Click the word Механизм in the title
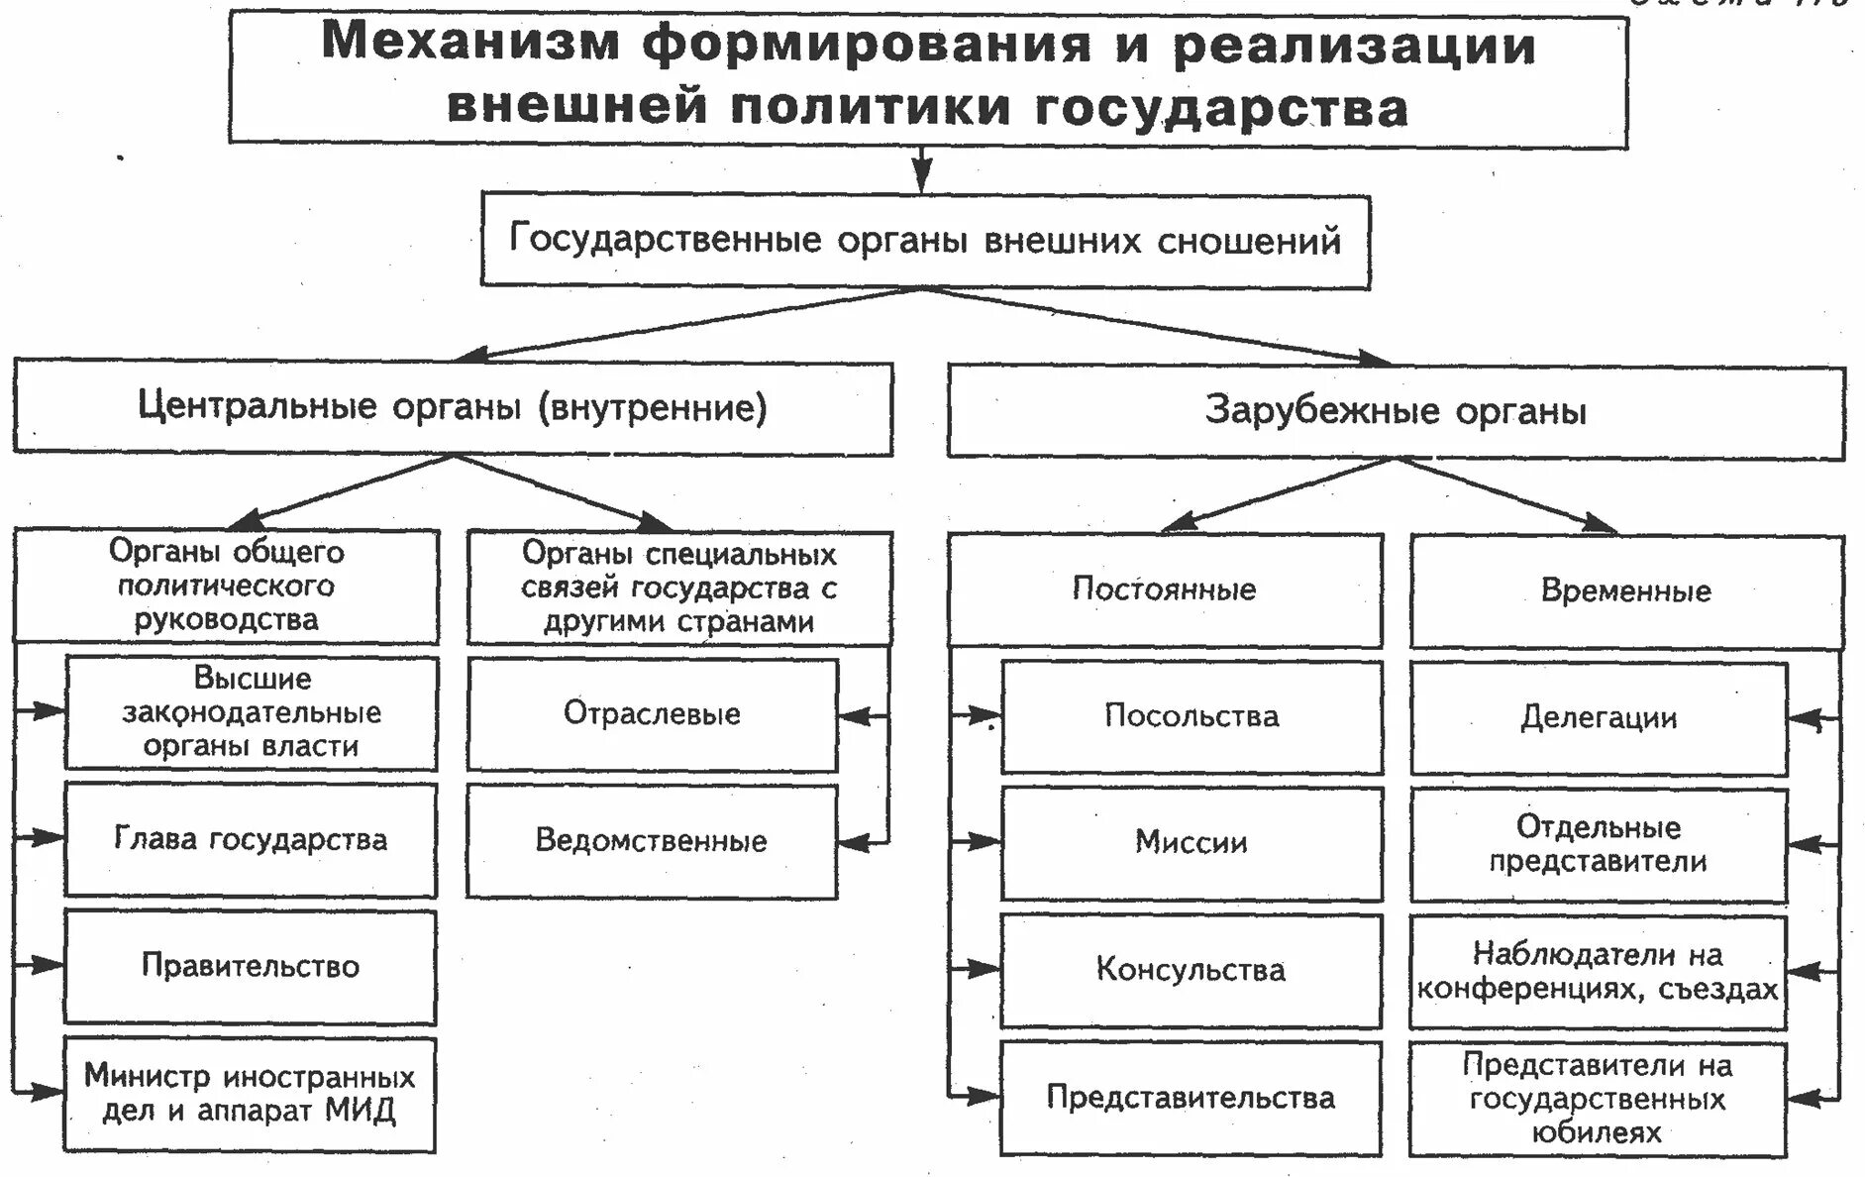pyautogui.click(x=470, y=45)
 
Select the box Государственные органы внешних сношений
pyautogui.click(x=925, y=241)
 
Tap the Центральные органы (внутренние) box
pyautogui.click(x=453, y=408)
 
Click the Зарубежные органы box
pyautogui.click(x=1395, y=411)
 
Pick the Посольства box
pyautogui.click(x=1191, y=716)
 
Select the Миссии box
pyautogui.click(x=1191, y=843)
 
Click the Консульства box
pyautogui.click(x=1191, y=970)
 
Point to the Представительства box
pyautogui.click(x=1191, y=1098)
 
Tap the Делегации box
pyautogui.click(x=1599, y=718)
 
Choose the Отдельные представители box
pyautogui.click(x=1599, y=844)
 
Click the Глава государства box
pyautogui.click(x=251, y=840)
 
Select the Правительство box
pyautogui.click(x=251, y=966)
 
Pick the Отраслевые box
pyautogui.click(x=652, y=714)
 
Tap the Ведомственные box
pyautogui.click(x=652, y=841)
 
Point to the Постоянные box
pyautogui.click(x=1164, y=590)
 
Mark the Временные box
pyautogui.click(x=1625, y=591)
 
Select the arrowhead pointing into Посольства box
pyautogui.click(x=986, y=714)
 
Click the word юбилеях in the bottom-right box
pyautogui.click(x=1597, y=1132)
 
